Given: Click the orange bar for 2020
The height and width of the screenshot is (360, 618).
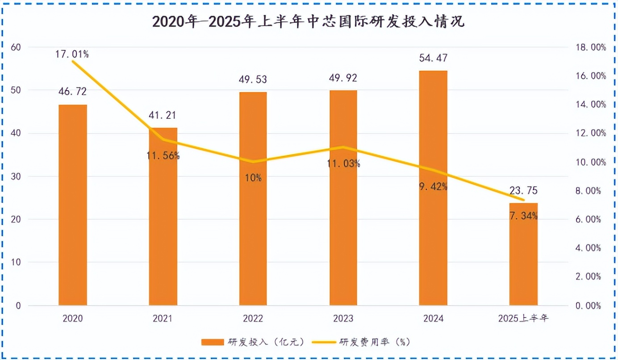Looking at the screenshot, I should (x=73, y=205).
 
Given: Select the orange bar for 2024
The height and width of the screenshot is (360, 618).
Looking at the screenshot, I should (x=433, y=188).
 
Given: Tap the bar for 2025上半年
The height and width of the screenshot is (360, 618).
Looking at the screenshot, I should (x=523, y=254).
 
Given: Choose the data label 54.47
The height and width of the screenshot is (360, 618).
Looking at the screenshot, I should (x=433, y=58).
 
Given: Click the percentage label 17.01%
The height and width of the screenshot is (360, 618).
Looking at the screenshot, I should (x=72, y=54).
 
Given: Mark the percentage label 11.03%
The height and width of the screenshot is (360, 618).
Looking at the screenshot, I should (x=343, y=163).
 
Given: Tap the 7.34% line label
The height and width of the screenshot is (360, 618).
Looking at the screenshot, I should (x=523, y=216).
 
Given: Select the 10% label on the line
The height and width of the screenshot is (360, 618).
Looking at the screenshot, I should (x=253, y=178).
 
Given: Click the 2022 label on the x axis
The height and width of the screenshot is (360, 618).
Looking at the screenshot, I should (x=253, y=318).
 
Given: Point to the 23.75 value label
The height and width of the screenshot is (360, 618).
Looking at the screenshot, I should (x=523, y=191).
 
